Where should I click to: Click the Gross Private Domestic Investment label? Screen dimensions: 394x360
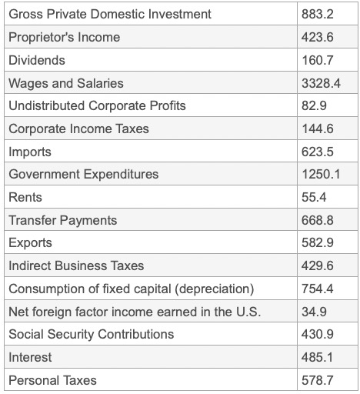click(109, 14)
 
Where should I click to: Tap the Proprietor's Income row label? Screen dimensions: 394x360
click(64, 37)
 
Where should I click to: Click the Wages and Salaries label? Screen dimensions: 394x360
click(65, 83)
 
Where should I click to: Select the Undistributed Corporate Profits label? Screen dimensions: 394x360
click(97, 105)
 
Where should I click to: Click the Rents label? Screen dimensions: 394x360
click(25, 197)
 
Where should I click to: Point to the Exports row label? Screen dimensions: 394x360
click(30, 243)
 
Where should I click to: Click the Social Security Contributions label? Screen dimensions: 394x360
click(91, 334)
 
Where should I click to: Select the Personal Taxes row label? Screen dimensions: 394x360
click(52, 380)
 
